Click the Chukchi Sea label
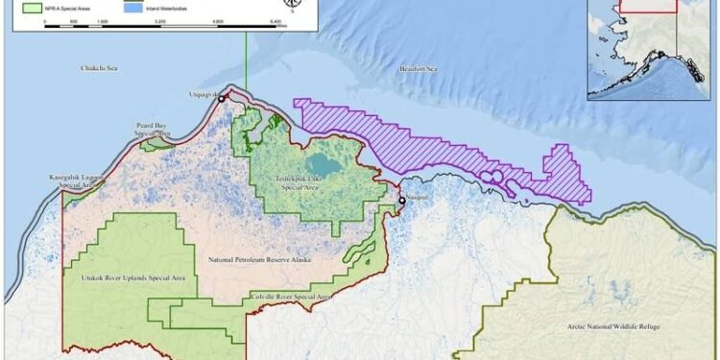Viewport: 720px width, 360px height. pyautogui.click(x=100, y=68)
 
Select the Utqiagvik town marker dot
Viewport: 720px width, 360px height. pyautogui.click(x=222, y=98)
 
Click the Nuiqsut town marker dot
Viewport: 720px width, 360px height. pyautogui.click(x=402, y=200)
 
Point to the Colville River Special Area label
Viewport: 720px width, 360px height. pyautogui.click(x=291, y=299)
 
